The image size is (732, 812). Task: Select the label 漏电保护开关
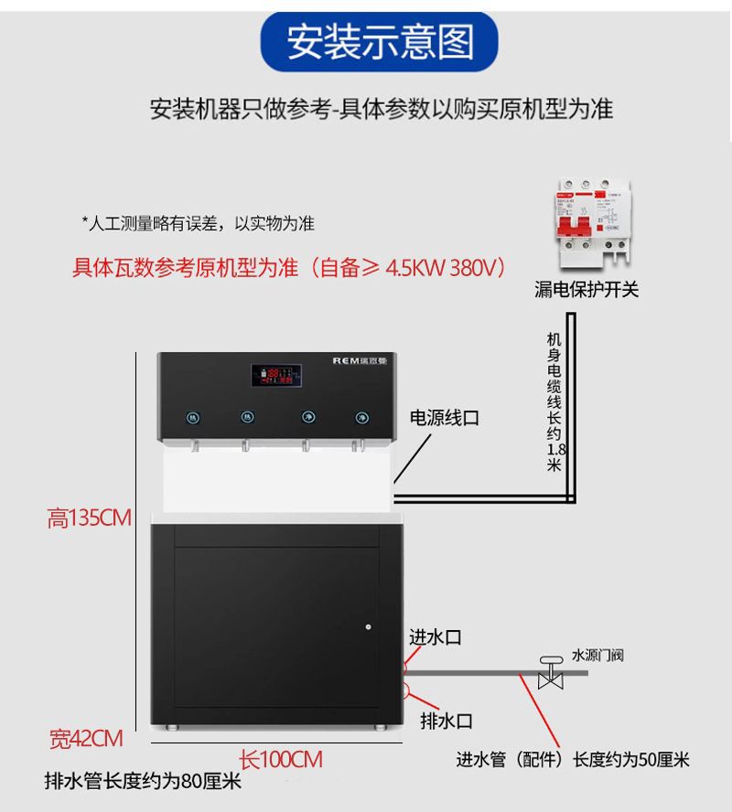coord(587,290)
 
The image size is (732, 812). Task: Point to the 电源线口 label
coord(444,418)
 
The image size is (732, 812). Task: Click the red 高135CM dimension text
coord(90,518)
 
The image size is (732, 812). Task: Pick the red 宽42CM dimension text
coord(86,738)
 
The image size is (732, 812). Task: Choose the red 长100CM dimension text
coord(281,759)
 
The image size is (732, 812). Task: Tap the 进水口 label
coord(435,637)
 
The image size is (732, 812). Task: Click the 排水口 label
coord(447,721)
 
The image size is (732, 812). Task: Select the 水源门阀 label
coord(597,656)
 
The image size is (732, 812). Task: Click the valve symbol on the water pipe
coord(551,673)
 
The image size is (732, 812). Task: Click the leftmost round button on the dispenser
coord(193,417)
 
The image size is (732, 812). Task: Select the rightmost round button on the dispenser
coord(359,417)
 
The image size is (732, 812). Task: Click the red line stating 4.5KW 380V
coord(288,268)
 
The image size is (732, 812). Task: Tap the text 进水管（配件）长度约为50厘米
coord(573,760)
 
